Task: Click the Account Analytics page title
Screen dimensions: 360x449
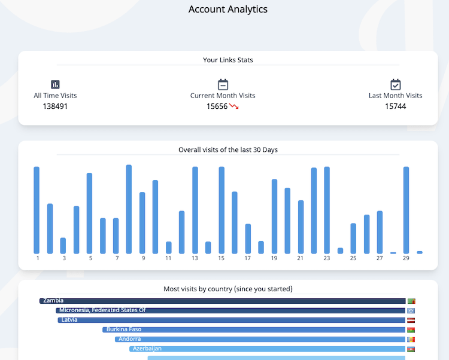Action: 228,9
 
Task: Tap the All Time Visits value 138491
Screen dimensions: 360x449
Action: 55,106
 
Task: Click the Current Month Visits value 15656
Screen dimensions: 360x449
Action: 217,106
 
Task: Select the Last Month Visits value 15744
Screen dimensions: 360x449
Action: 395,106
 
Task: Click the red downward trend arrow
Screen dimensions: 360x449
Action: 234,106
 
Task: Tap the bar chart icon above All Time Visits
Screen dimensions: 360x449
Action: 55,84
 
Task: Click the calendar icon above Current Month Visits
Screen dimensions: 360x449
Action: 223,84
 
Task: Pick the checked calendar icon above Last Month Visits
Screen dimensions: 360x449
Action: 395,84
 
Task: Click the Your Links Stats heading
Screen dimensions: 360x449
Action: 228,60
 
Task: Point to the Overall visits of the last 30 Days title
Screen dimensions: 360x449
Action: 228,150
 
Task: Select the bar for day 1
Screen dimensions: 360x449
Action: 37,209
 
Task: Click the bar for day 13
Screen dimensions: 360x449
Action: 195,209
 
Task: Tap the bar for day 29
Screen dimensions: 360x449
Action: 406,209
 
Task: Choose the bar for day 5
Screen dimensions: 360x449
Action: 90,212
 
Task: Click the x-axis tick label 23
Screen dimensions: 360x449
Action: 327,258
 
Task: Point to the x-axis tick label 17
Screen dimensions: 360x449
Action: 248,258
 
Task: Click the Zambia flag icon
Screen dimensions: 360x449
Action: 411,301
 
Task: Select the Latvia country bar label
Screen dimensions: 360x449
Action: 69,320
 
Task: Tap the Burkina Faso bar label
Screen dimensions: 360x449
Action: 124,330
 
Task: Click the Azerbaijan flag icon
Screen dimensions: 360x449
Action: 411,349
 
